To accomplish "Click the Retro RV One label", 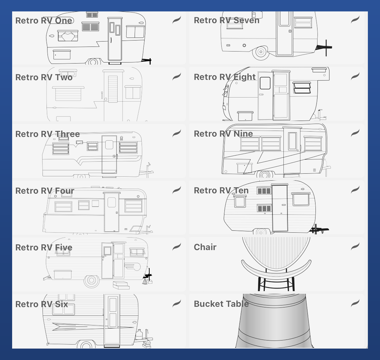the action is click(x=44, y=21).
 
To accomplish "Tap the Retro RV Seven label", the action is click(x=227, y=20).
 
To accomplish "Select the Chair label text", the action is click(x=205, y=247).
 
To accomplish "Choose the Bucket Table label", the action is click(x=221, y=304).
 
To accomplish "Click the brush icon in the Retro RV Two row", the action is click(x=177, y=77).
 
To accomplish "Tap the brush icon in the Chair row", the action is click(x=355, y=246).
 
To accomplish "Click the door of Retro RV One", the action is click(x=115, y=39).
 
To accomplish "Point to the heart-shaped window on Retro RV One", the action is click(x=68, y=36).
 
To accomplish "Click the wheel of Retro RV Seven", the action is click(x=261, y=52).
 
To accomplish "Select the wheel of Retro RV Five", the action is click(x=91, y=280).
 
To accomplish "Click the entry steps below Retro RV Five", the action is click(x=121, y=285).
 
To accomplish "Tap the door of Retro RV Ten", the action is click(x=280, y=207).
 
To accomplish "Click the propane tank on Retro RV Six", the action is click(x=139, y=335).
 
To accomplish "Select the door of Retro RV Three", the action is click(x=109, y=154).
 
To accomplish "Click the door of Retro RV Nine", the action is click(x=292, y=150).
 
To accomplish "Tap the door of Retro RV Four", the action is click(x=112, y=212).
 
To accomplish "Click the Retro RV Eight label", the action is click(x=225, y=77).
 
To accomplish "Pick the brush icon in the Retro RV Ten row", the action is click(x=355, y=190).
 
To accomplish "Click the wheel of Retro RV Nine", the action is click(x=265, y=174).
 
